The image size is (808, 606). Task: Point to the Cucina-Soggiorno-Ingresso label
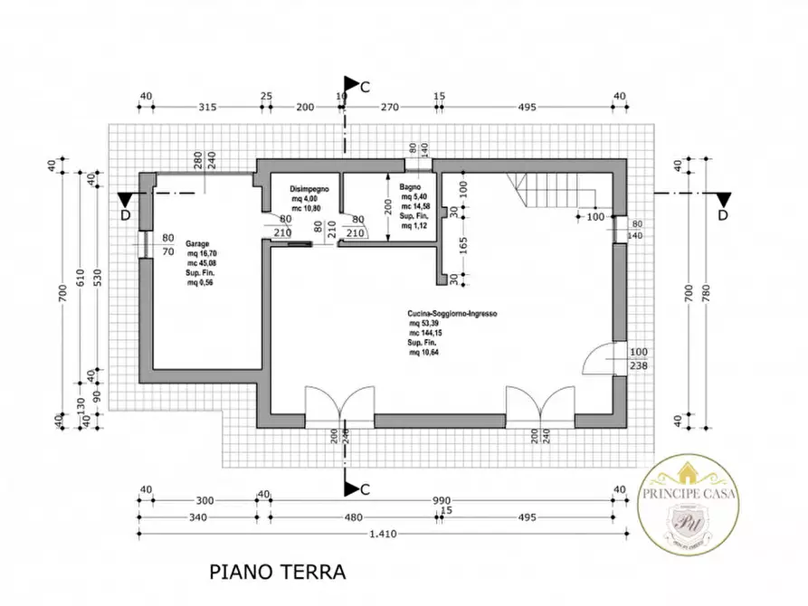pos(452,316)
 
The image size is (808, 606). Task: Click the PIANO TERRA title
pos(278,572)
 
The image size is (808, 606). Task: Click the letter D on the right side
pos(722,214)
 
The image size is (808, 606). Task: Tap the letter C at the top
pos(365,88)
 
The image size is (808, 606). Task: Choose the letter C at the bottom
pos(365,489)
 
